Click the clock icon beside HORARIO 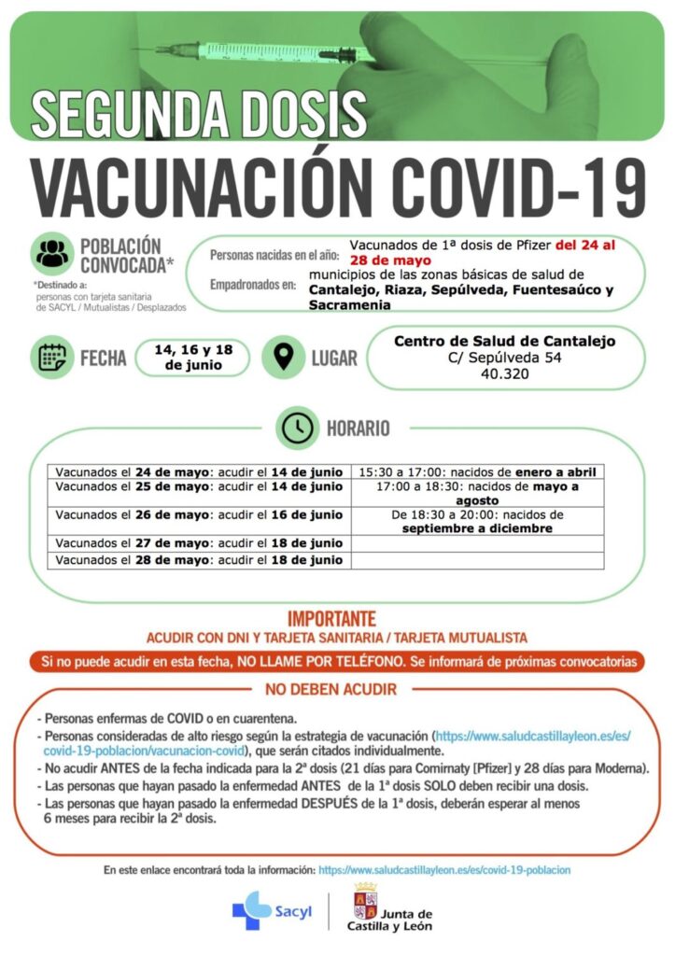point(298,428)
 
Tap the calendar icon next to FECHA point(51,358)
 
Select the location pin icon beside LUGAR point(283,358)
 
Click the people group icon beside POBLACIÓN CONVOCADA point(53,252)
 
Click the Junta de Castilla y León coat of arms point(364,904)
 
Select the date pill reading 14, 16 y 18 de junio point(193,358)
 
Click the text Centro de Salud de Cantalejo point(504,342)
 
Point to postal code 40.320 point(504,374)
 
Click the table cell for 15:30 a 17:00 point(477,472)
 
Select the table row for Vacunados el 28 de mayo point(199,560)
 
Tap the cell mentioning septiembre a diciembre point(477,521)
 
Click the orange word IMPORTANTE point(331,618)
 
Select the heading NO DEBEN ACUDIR point(331,690)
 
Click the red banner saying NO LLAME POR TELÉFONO point(337,661)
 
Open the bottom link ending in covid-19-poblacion point(444,869)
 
